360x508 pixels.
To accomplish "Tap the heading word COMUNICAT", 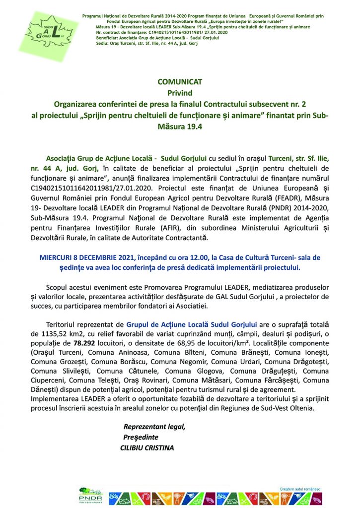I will (180, 82).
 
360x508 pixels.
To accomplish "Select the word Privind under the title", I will (180, 93).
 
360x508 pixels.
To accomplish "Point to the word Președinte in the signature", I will (141, 437).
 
